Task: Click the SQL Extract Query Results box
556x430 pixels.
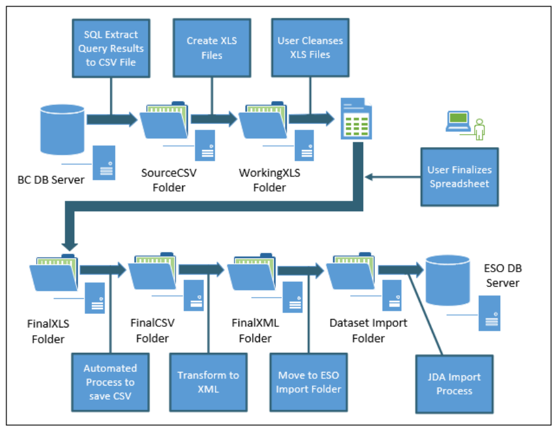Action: click(111, 47)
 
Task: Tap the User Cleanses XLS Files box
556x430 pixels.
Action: click(310, 47)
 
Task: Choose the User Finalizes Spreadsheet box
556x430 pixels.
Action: click(459, 177)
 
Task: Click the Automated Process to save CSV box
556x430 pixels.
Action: click(110, 383)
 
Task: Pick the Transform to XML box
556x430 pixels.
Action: click(208, 383)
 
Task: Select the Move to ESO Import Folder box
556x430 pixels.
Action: click(309, 383)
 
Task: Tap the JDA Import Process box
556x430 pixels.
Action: click(454, 384)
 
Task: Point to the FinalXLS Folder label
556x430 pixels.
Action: click(46, 332)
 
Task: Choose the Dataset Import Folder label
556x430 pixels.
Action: click(368, 331)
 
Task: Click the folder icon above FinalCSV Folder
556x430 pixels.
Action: click(154, 274)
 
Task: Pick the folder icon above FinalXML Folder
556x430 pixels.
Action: click(253, 274)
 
